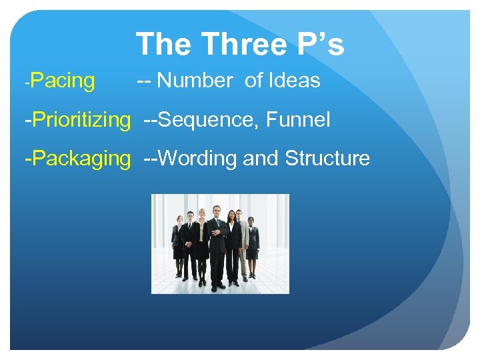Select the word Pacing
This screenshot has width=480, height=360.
click(63, 81)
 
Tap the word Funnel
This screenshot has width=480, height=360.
click(298, 120)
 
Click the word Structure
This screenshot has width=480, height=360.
click(327, 159)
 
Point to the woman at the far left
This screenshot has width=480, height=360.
click(178, 243)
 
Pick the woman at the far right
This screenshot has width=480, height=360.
click(251, 243)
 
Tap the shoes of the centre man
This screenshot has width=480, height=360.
click(217, 286)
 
